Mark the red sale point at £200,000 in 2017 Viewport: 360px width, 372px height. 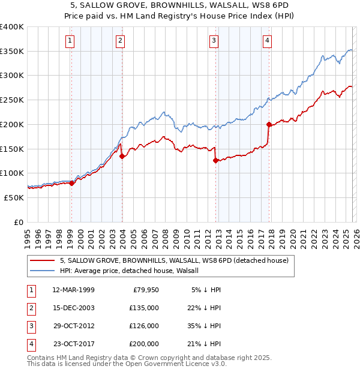[269, 124]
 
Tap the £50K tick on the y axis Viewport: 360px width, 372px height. [14, 197]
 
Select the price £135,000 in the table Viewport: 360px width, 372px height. [144, 308]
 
